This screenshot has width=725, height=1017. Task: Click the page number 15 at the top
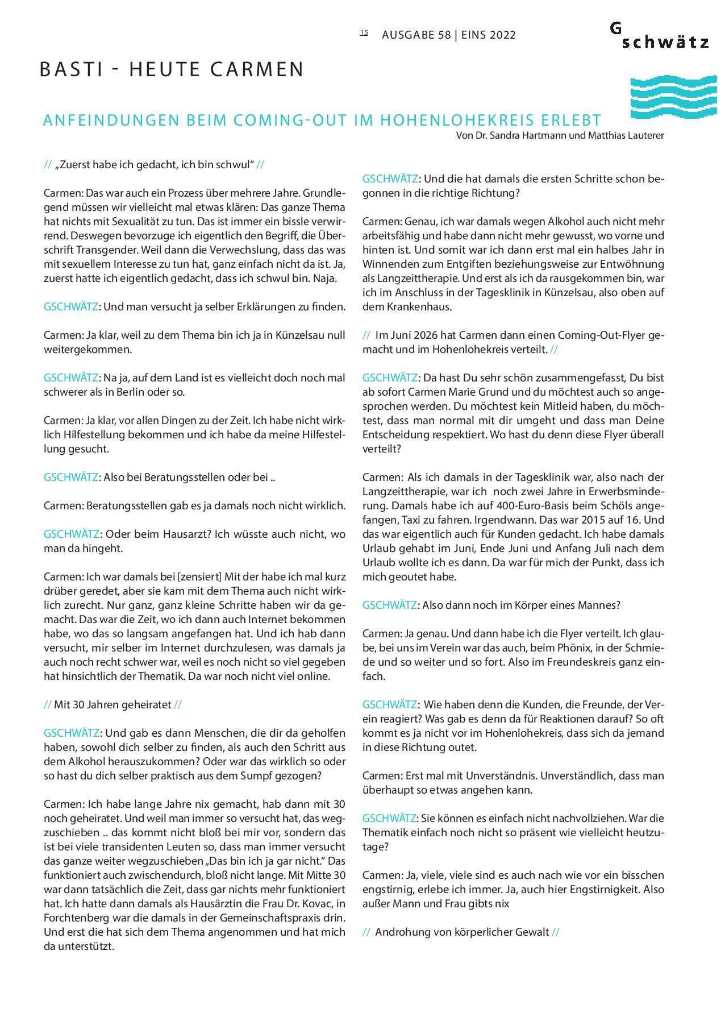tap(364, 33)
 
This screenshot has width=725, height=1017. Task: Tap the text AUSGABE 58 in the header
tap(416, 35)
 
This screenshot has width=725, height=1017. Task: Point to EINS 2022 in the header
tap(489, 35)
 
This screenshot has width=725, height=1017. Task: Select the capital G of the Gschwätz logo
tap(616, 28)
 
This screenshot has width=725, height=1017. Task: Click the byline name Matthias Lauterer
tap(628, 135)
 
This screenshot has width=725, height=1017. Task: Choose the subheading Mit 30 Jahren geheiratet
tap(113, 704)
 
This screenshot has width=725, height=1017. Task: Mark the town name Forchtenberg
tap(73, 918)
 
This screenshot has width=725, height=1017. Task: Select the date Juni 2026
tap(418, 335)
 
